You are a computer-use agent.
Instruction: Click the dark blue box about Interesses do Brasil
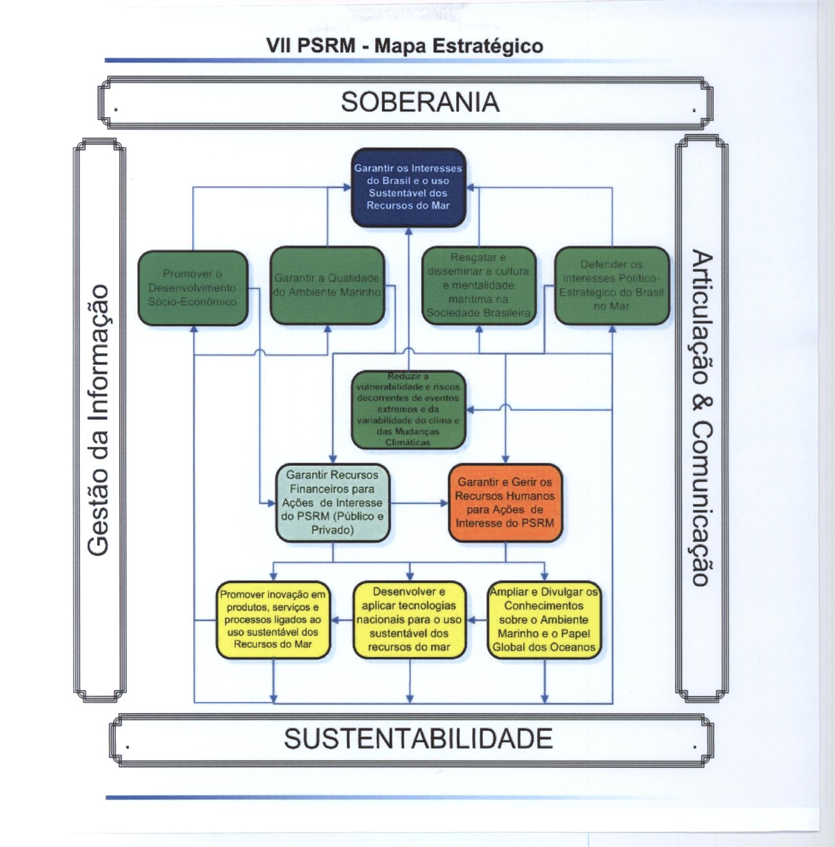(x=408, y=187)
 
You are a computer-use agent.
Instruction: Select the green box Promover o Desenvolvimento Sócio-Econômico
(x=193, y=288)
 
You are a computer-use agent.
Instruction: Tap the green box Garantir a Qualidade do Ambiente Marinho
(x=327, y=285)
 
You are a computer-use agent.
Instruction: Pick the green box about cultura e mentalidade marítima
(x=479, y=285)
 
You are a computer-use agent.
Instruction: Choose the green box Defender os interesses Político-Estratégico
(x=612, y=285)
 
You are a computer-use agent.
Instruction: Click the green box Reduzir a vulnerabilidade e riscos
(x=408, y=410)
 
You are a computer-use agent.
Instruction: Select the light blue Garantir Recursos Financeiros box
(x=333, y=502)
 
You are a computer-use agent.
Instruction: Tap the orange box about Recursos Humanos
(x=505, y=502)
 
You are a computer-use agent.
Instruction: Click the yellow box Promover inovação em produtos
(x=273, y=620)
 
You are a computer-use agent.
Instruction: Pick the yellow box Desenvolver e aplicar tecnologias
(x=409, y=620)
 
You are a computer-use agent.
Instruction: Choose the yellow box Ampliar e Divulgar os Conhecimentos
(x=544, y=620)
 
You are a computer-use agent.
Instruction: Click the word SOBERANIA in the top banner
(x=420, y=102)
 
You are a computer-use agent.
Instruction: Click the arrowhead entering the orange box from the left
(x=445, y=503)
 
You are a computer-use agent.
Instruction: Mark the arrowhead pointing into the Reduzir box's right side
(x=469, y=409)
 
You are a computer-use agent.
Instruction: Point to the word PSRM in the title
(x=326, y=46)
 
